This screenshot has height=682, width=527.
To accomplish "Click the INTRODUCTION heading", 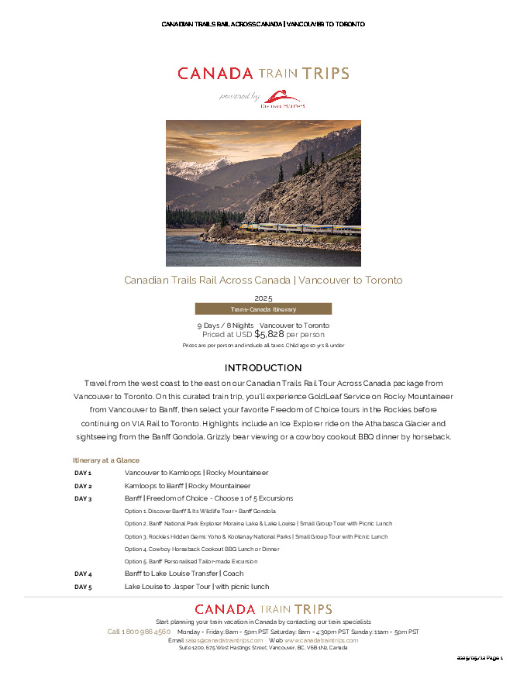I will click(263, 367).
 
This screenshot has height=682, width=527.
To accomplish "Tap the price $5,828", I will click(269, 334).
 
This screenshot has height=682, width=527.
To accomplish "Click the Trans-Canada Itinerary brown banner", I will click(263, 309).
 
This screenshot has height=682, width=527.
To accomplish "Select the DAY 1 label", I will click(83, 473).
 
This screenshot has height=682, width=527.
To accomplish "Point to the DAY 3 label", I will click(83, 498).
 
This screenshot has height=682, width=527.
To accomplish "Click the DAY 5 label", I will click(83, 587).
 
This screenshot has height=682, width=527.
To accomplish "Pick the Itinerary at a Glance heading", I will click(106, 460).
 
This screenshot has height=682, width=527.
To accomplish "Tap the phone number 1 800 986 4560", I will click(139, 632).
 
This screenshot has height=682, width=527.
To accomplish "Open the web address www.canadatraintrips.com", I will click(321, 640).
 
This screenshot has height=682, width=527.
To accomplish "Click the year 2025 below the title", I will click(263, 298).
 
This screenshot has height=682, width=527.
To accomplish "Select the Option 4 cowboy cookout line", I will click(201, 549).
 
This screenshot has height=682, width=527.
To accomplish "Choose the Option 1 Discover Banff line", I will click(200, 511).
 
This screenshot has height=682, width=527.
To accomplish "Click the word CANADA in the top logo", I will click(215, 74).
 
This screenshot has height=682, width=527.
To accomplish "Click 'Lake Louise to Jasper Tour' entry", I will click(197, 587).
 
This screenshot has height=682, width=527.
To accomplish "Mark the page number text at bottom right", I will click(480, 658).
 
